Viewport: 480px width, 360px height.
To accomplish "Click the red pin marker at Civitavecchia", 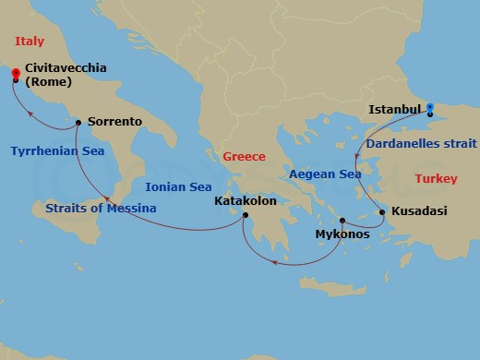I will (15, 73).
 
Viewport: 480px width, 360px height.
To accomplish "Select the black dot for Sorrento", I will (78, 122).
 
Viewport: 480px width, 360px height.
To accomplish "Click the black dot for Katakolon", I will (246, 217).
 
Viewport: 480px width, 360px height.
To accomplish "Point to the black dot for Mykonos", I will (342, 221).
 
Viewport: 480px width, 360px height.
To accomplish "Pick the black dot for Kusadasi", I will (382, 212).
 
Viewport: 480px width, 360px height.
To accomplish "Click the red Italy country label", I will (30, 40).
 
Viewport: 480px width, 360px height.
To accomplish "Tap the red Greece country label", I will (244, 157).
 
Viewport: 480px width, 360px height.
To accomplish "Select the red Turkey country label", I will (437, 178).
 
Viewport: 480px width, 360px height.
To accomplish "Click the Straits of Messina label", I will (100, 208).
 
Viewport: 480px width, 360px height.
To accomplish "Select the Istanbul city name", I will (395, 109).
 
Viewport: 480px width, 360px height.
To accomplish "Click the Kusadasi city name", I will (419, 211).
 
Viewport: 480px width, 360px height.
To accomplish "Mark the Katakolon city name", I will (245, 200).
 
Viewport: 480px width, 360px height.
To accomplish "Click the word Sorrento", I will (114, 121).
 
